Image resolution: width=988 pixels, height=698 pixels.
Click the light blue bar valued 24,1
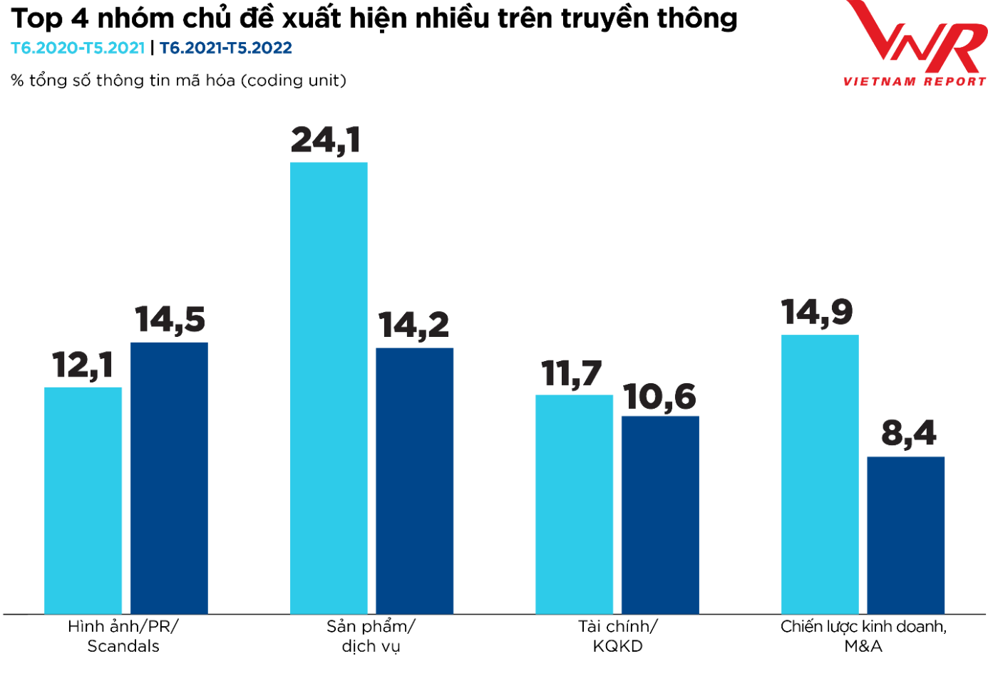coord(329,388)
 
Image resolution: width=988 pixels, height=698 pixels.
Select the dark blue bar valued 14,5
coord(169,478)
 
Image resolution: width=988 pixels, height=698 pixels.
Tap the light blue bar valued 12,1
coord(83,501)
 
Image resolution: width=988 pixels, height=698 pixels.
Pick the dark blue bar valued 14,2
coord(414,481)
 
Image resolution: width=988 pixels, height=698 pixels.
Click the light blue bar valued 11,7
coord(574,504)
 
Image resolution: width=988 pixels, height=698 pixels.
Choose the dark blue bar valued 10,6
coord(660,515)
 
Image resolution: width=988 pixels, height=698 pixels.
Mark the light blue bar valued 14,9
coord(820,474)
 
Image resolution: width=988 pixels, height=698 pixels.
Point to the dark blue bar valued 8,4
coord(905,535)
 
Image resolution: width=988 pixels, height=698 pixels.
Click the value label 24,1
coord(326,140)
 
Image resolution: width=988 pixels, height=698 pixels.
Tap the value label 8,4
coord(909,433)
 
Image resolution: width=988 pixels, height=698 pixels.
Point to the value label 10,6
coord(659,397)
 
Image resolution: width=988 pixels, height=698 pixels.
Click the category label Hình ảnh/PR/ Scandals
coord(123,636)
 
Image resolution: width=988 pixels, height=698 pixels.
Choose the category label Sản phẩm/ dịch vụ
coord(371,636)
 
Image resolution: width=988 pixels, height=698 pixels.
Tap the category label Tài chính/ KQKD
coord(617,636)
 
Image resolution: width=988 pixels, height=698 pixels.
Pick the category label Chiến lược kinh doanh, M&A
coord(863,636)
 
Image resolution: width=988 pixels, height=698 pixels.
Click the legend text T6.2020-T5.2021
coord(78,48)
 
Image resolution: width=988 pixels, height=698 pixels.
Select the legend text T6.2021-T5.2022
coord(226,48)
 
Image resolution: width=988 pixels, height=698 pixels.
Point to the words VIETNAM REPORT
coord(915,81)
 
